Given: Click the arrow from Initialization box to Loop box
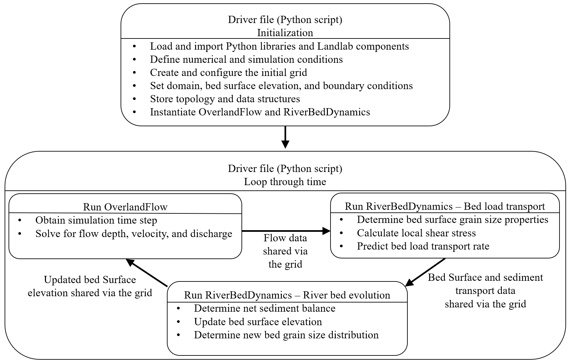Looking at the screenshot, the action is (x=285, y=137).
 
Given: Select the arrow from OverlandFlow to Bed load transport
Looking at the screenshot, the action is (x=286, y=231).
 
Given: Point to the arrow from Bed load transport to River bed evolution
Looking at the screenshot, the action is (x=425, y=272).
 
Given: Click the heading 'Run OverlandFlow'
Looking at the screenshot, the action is (x=125, y=207).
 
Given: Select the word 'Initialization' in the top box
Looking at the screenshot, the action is (x=285, y=33).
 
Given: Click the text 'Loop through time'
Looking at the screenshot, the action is (x=285, y=181).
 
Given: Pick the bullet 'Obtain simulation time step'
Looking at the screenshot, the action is (x=96, y=220).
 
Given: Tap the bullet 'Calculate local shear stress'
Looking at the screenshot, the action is (x=416, y=233).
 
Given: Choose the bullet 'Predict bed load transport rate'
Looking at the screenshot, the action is (x=423, y=246).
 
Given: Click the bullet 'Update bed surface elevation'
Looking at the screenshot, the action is (x=258, y=322).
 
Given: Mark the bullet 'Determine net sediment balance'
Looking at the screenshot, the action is (x=265, y=308).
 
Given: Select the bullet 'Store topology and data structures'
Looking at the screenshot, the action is (x=225, y=99).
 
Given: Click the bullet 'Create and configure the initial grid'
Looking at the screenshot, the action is (x=229, y=72).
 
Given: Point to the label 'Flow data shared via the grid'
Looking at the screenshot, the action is (x=285, y=251).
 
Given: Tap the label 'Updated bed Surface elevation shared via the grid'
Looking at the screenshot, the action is (x=90, y=286).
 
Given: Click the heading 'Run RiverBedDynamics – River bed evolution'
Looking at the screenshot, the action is (x=287, y=295).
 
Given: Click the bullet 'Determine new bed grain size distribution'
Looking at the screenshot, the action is (x=286, y=335).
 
